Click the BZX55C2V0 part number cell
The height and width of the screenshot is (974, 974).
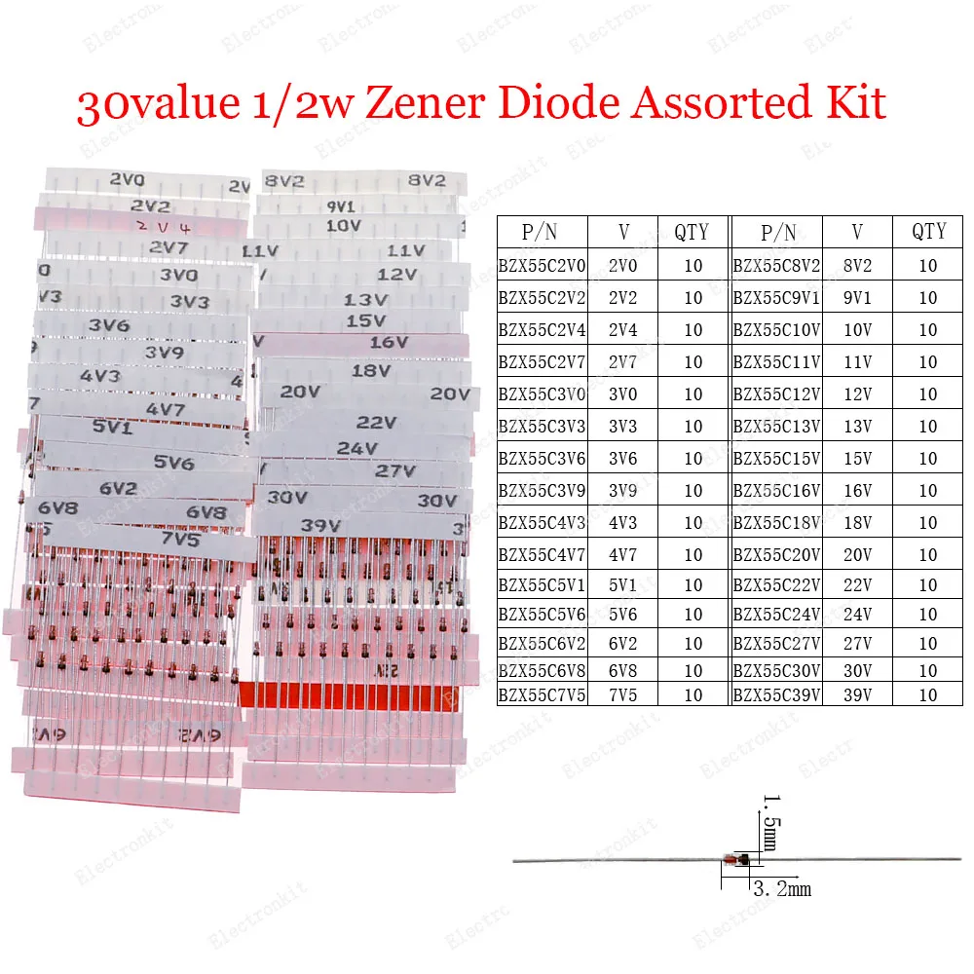coord(542,265)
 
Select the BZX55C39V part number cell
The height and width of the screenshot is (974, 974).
coord(777,695)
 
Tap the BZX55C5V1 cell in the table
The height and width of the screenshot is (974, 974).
coord(542,585)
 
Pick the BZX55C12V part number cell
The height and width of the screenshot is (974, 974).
coord(777,394)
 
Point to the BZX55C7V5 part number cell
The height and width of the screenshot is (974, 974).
coord(542,695)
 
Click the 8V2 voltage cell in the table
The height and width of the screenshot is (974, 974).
coord(858,265)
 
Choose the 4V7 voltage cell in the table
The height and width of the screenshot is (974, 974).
coord(623,555)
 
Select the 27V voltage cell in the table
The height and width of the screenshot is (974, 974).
coord(858,644)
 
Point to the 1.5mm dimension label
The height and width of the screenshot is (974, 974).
coord(770,823)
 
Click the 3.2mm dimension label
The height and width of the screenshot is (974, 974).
coord(781,888)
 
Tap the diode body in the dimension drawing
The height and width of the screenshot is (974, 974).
coord(736,859)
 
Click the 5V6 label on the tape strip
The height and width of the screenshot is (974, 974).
coord(174,463)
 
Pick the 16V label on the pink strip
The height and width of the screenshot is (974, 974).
coord(388,342)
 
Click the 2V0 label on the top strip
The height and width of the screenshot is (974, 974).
coord(127,179)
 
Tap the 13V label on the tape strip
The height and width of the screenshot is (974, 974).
coord(365,300)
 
